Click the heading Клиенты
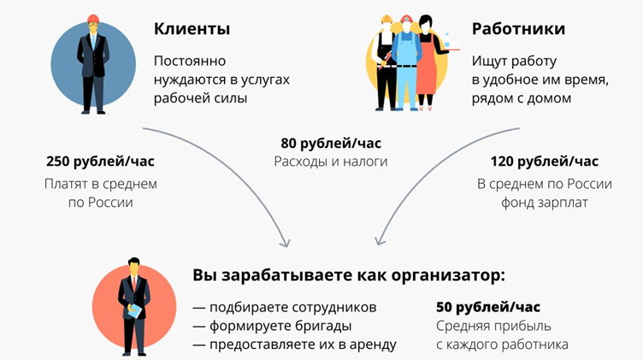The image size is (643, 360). pyautogui.click(x=192, y=29)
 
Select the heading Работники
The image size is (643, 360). pyautogui.click(x=518, y=29)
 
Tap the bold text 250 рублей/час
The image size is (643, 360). pyautogui.click(x=100, y=161)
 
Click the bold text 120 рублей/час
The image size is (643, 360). pyautogui.click(x=545, y=161)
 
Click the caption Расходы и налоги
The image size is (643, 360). pyautogui.click(x=330, y=161)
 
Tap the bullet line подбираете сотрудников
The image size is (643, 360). pyautogui.click(x=285, y=307)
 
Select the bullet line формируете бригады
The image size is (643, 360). pyautogui.click(x=272, y=326)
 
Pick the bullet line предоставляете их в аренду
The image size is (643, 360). pyautogui.click(x=294, y=345)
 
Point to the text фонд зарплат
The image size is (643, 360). pyautogui.click(x=545, y=203)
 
